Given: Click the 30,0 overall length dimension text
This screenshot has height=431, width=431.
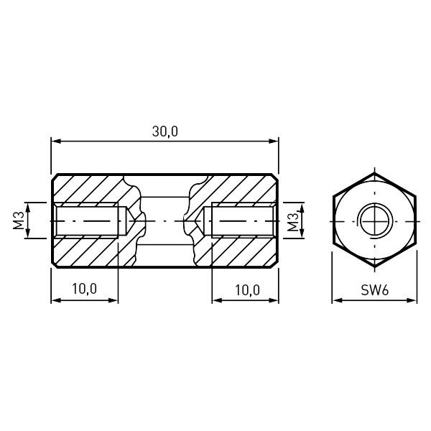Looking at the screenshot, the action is [x=165, y=131].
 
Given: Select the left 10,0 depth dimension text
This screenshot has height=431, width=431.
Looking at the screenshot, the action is [x=84, y=289].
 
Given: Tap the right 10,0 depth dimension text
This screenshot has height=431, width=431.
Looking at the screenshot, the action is [x=247, y=290].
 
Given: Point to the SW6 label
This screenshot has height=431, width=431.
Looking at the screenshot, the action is [x=375, y=290].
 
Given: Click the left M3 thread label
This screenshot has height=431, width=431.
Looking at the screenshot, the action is [x=19, y=221].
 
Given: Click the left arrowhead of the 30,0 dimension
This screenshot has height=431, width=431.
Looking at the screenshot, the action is [x=56, y=142].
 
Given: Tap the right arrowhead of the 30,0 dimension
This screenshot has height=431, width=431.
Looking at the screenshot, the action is [x=274, y=142].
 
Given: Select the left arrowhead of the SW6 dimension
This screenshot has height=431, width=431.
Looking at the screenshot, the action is [x=337, y=300].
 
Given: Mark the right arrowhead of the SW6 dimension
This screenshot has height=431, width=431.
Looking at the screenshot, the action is [x=412, y=300].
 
